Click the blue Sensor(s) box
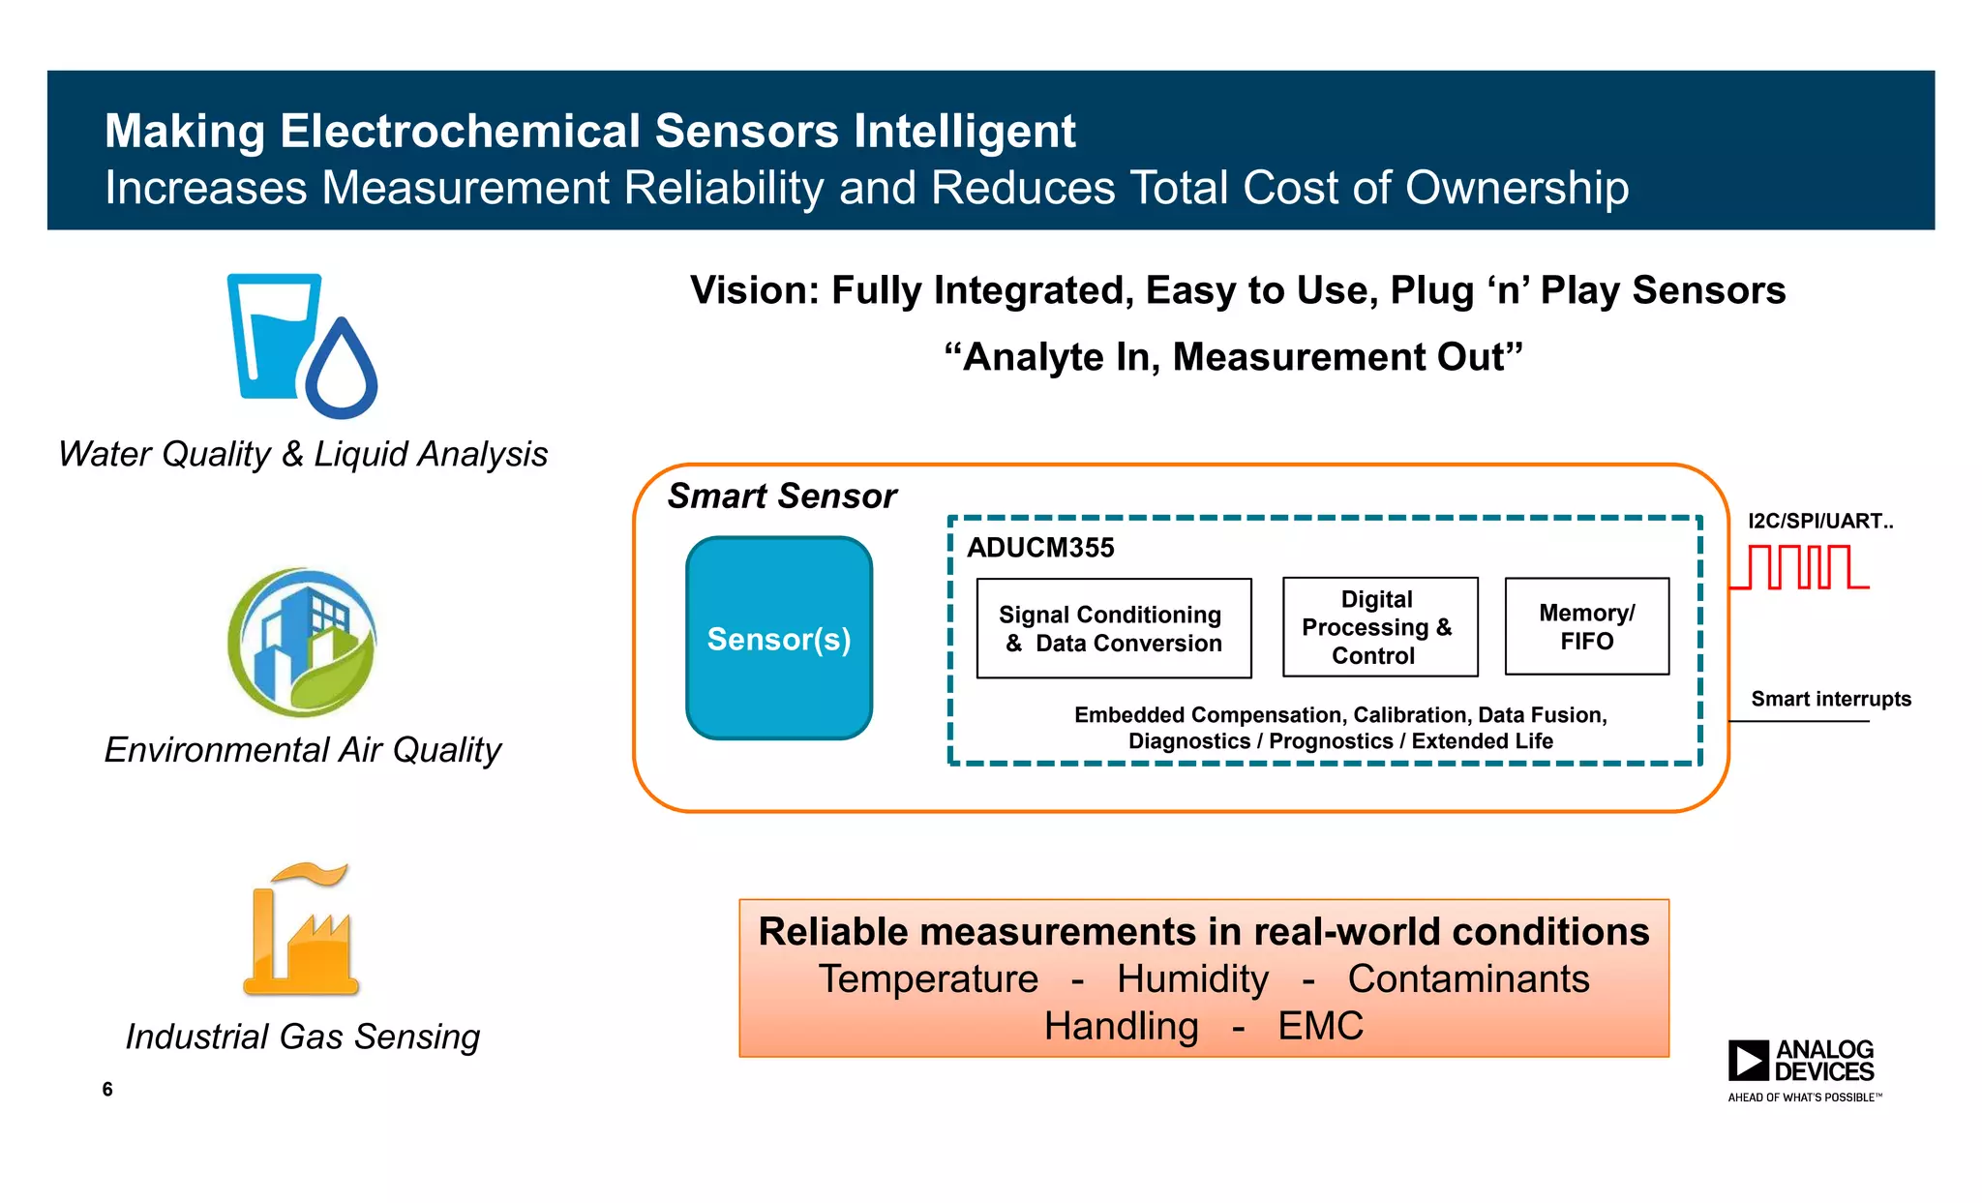coord(779,639)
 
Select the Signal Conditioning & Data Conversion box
coord(1113,628)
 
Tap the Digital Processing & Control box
coord(1379,627)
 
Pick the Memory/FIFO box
coord(1586,626)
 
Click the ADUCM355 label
coord(1040,548)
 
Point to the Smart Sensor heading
coord(782,496)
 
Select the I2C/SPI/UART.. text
coord(1819,521)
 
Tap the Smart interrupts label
coord(1830,699)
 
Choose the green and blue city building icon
coord(302,642)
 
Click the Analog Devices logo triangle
coord(1748,1060)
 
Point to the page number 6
coord(107,1089)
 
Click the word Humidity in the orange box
coord(1192,978)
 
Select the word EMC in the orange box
coord(1320,1026)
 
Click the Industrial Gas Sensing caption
coord(302,1037)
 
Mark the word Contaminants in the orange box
coord(1468,978)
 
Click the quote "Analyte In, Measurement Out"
coord(1233,357)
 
